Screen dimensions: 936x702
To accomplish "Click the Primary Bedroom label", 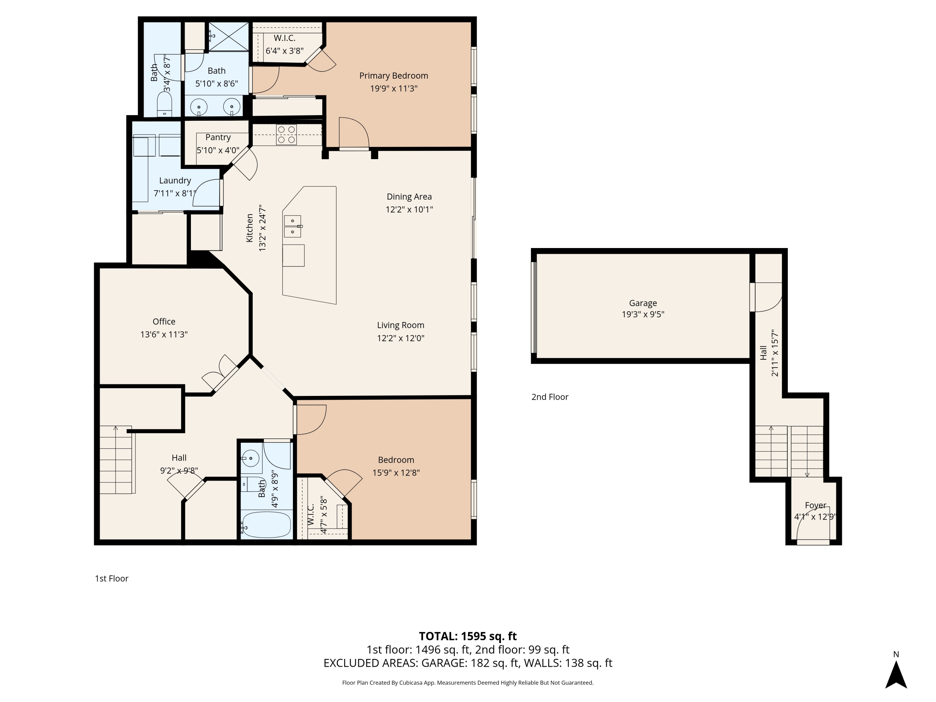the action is [x=393, y=76].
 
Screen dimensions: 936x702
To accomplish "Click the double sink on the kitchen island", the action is [x=292, y=227].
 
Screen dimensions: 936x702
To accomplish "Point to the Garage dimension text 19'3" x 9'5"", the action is [x=643, y=314].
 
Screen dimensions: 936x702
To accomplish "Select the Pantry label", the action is [x=218, y=137].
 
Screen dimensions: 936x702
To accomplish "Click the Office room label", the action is [x=164, y=322].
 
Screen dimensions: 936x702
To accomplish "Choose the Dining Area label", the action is [x=409, y=197].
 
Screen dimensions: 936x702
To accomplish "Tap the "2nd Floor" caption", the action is [x=550, y=397].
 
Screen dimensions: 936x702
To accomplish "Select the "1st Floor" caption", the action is [x=111, y=578].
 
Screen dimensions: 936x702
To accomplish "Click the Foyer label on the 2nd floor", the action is [x=815, y=505].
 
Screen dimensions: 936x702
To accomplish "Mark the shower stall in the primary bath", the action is [x=228, y=37].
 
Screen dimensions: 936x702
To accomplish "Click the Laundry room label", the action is [x=175, y=181].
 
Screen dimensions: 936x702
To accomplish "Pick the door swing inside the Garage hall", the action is [x=768, y=297].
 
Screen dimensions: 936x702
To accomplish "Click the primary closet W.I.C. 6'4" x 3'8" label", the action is [x=284, y=44].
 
